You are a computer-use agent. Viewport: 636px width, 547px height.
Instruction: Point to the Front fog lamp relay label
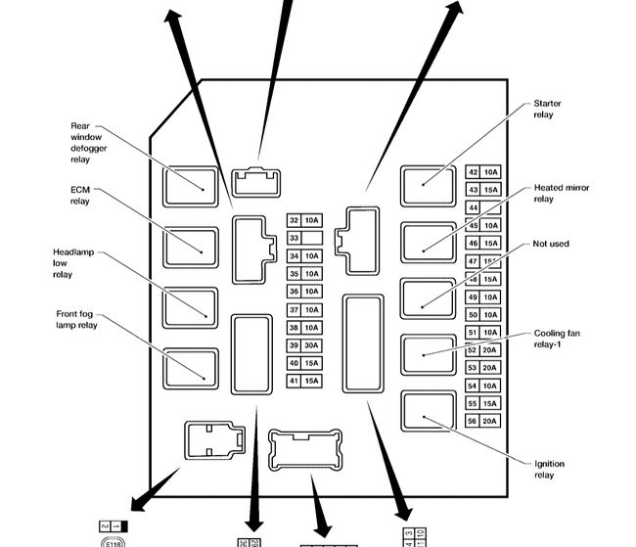[x=74, y=319]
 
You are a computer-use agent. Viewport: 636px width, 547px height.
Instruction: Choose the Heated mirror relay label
[x=561, y=192]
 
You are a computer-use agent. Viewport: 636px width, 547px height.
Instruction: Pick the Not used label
[x=551, y=244]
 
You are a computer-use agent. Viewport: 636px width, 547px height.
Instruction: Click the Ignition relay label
[x=549, y=470]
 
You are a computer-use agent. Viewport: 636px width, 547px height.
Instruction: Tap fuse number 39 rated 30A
[x=303, y=345]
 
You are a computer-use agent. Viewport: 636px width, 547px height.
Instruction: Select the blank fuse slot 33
[x=303, y=238]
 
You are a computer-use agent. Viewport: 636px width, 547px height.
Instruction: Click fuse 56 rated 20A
[x=482, y=421]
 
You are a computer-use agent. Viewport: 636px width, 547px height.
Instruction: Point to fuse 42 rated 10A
[x=482, y=172]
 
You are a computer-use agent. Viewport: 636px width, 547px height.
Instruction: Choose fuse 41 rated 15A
[x=303, y=381]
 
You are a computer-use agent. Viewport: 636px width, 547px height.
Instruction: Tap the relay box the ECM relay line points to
[x=191, y=246]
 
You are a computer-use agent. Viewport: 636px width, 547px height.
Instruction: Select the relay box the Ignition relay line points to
[x=429, y=412]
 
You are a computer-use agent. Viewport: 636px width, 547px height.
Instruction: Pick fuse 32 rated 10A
[x=303, y=220]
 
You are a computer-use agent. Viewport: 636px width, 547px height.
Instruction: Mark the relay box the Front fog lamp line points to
[x=191, y=368]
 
